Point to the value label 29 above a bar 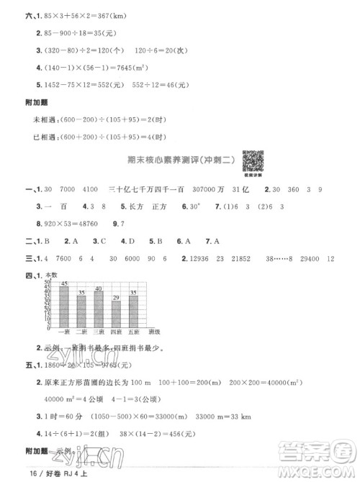116,296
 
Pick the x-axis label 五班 134,331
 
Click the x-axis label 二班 81,331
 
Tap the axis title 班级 154,331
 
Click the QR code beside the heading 251,159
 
